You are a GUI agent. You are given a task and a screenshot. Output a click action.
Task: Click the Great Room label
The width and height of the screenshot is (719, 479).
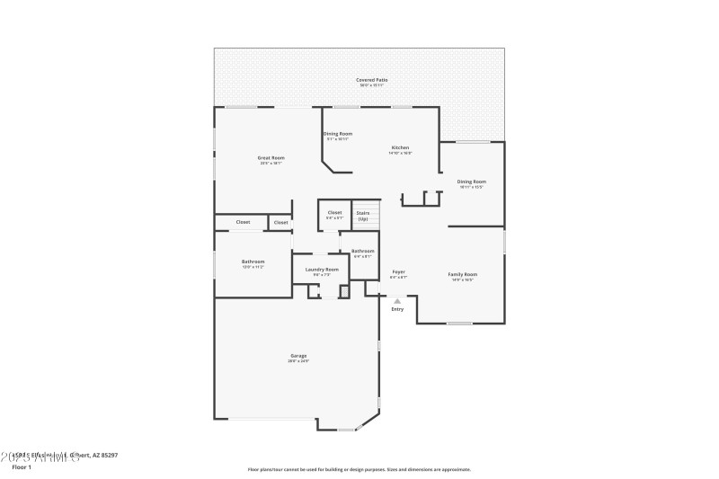[x=271, y=157]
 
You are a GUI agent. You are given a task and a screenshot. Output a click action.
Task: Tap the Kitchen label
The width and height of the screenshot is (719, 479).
[x=400, y=147]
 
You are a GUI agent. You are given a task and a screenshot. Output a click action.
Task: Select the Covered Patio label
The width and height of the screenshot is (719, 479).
[x=371, y=80]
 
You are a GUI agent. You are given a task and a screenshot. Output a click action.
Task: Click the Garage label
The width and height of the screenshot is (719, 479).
[x=298, y=355]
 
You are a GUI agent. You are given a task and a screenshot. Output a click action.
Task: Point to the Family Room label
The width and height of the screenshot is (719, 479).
[x=463, y=273]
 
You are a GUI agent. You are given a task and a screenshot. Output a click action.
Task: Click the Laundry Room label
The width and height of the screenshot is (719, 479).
[x=321, y=269]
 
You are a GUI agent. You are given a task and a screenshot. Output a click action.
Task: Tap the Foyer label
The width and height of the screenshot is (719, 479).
[x=398, y=271]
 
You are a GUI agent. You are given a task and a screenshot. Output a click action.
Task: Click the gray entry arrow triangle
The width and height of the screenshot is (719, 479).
[x=397, y=301]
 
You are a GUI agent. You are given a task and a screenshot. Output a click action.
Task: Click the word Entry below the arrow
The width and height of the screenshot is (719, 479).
[x=397, y=309]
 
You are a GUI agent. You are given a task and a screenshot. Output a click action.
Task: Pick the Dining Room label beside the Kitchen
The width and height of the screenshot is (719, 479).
[x=338, y=133]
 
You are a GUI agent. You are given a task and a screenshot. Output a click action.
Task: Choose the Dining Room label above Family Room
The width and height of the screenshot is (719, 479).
[x=471, y=182]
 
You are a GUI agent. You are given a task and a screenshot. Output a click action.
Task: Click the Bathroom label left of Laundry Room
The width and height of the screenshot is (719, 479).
[x=253, y=262]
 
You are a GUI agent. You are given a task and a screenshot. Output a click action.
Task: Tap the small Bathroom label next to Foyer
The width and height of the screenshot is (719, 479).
[x=362, y=251]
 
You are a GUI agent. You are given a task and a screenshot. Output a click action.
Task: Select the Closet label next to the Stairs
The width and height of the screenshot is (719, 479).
[x=334, y=213]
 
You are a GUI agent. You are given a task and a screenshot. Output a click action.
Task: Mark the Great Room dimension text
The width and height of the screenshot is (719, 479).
[x=271, y=164]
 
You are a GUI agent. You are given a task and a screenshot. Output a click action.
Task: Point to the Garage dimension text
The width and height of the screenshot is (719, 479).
[x=298, y=361]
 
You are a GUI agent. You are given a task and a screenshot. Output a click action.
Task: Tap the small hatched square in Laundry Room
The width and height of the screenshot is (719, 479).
[x=344, y=291]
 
